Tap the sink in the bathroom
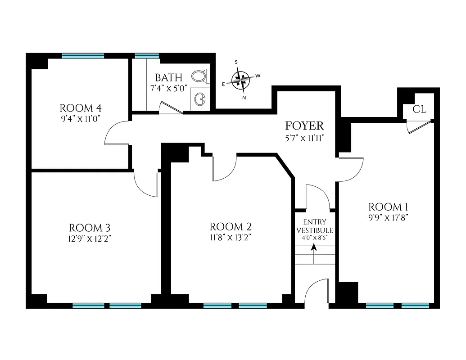click(x=199, y=99)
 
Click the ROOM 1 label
click(x=388, y=207)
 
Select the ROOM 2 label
click(x=231, y=227)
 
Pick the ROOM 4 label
click(x=81, y=108)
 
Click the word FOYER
click(x=304, y=126)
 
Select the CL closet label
click(x=419, y=109)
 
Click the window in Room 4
click(x=83, y=56)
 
